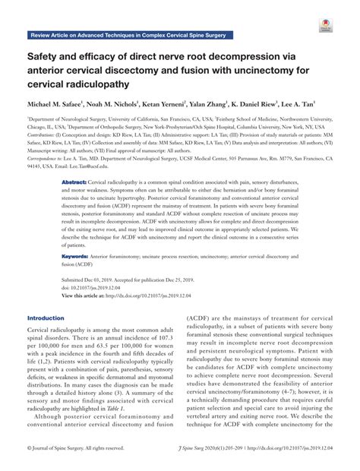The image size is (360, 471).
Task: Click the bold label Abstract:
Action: coord(74,184)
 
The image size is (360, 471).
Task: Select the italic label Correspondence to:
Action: coord(47,157)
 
